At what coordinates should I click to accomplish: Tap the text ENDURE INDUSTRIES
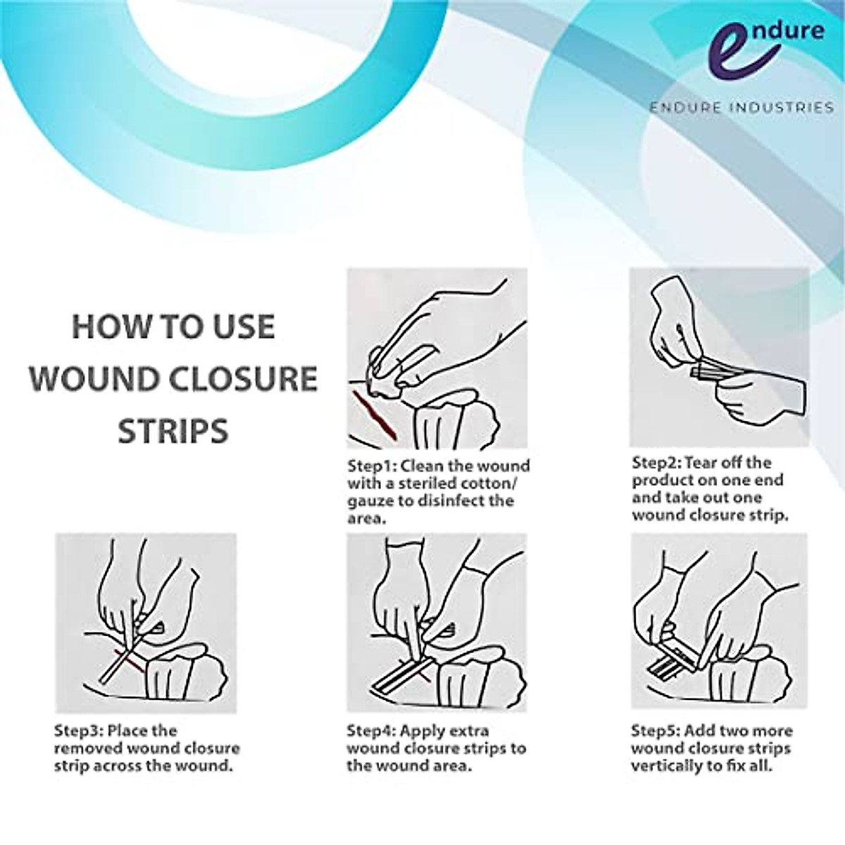pos(741,108)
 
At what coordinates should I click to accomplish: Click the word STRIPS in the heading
pos(173,430)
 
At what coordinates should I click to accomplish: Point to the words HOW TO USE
pos(173,327)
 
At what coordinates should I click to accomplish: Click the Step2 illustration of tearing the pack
pos(718,357)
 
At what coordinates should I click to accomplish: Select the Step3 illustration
pos(146,622)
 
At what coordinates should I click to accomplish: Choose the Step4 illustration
pos(437,622)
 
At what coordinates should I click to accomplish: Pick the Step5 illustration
pos(718,622)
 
